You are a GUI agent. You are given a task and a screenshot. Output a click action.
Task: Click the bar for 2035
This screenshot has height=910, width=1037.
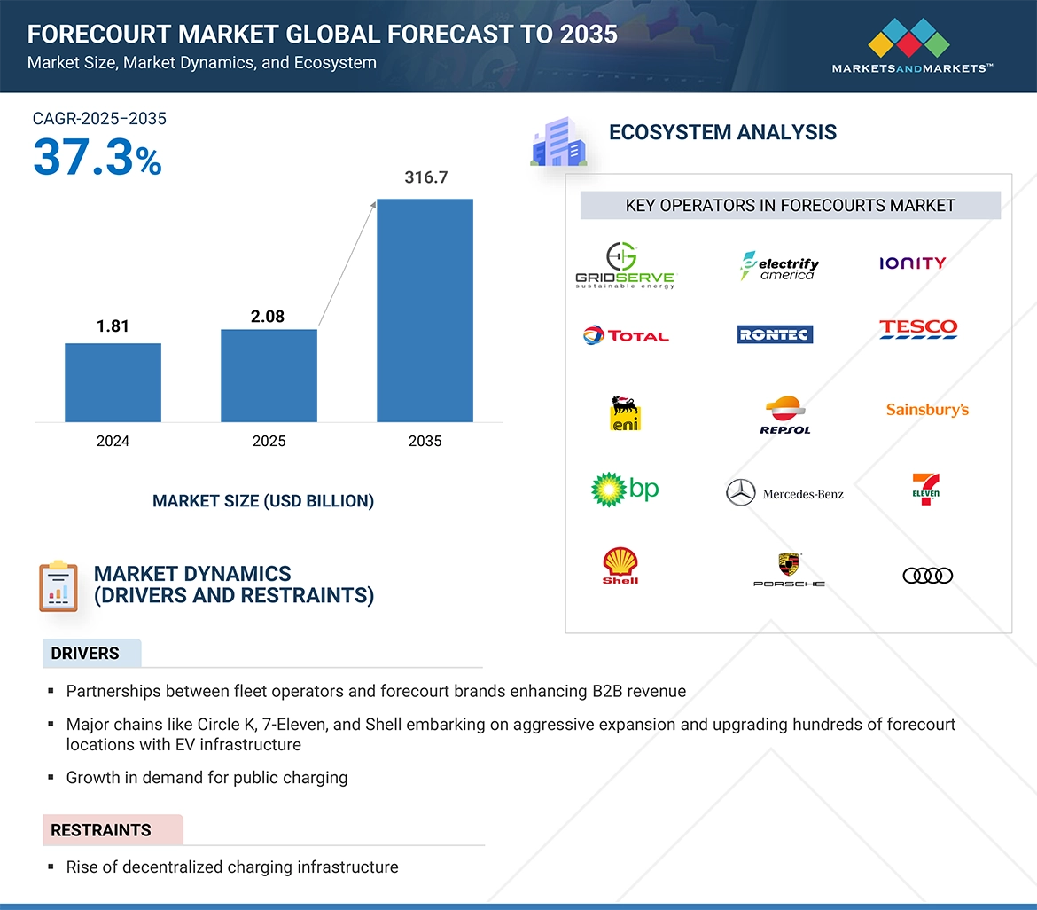tap(425, 310)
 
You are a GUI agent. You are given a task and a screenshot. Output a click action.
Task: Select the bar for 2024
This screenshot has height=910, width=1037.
tap(113, 382)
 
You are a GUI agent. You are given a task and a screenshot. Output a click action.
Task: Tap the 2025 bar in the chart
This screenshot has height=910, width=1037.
tap(269, 375)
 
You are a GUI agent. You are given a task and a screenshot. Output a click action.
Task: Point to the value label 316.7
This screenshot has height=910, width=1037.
tap(426, 177)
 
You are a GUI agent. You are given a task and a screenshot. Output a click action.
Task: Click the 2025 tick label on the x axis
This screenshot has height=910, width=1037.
tap(269, 441)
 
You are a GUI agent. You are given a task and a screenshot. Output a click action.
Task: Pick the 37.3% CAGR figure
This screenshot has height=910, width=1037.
tap(97, 158)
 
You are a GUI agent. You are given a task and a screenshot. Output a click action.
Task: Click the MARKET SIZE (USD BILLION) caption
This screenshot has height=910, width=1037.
tap(263, 501)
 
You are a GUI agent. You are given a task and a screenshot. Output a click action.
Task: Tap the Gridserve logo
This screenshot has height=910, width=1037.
tap(624, 265)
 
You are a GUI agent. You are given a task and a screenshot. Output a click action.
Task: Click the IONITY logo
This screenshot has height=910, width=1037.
tap(912, 263)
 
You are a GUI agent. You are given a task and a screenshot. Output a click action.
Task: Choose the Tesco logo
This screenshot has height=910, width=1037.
tap(918, 329)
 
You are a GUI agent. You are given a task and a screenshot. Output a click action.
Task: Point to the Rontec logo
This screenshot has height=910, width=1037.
tap(775, 334)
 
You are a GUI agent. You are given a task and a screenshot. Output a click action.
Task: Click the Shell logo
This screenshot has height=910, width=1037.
tap(620, 566)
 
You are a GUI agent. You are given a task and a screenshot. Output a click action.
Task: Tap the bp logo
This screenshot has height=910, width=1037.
tap(625, 489)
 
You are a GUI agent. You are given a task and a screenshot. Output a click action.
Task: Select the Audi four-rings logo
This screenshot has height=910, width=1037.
tap(927, 576)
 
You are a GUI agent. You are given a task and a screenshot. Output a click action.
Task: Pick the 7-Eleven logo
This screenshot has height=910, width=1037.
tap(925, 489)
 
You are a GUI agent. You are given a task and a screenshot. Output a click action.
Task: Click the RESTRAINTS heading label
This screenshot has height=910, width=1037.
tap(101, 830)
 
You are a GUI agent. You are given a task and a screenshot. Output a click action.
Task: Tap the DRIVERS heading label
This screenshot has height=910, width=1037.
tap(85, 654)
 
